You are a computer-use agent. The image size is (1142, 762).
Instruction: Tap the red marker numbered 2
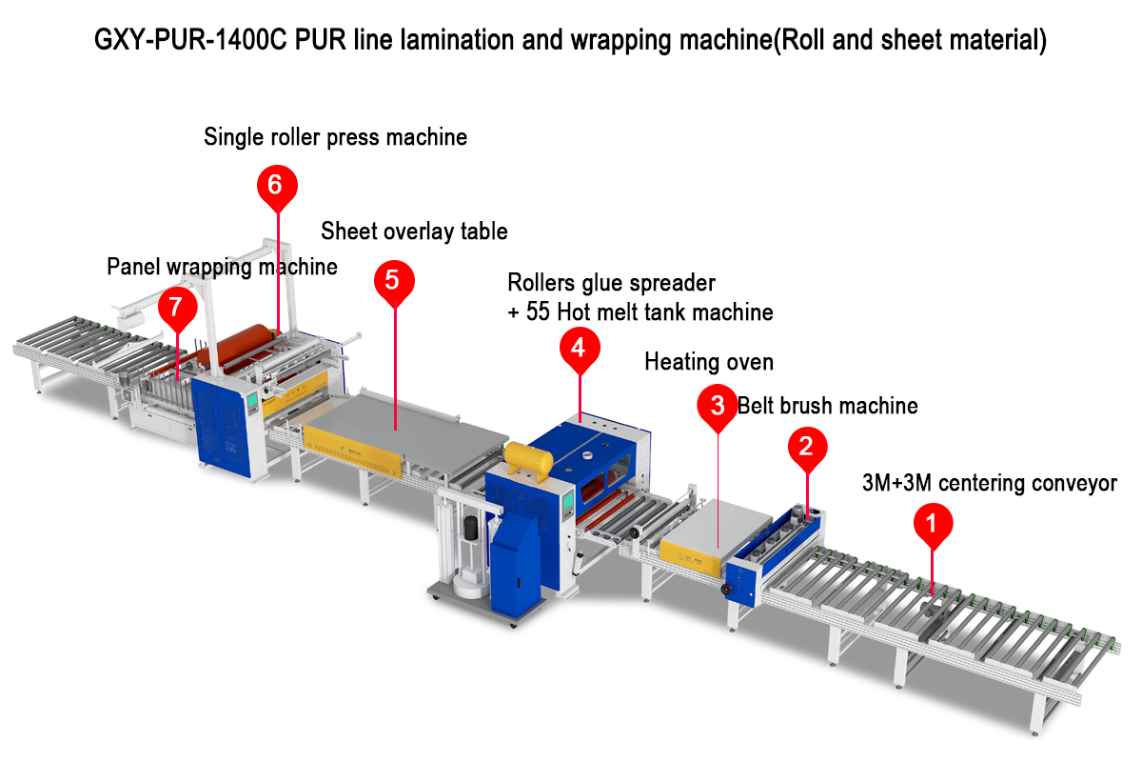[806, 445]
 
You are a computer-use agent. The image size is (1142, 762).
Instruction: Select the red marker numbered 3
[718, 403]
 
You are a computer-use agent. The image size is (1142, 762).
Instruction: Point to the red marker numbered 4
[579, 348]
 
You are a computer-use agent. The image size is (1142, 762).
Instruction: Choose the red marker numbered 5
[394, 279]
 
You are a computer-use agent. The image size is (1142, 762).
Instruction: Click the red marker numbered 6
[275, 184]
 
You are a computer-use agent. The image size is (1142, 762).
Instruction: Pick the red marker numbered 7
[177, 307]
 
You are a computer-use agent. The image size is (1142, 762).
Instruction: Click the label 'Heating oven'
[709, 362]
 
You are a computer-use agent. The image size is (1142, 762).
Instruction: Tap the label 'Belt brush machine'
[827, 406]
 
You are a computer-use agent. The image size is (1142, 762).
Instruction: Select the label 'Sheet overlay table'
[414, 231]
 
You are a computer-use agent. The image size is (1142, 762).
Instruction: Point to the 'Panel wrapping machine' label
[222, 267]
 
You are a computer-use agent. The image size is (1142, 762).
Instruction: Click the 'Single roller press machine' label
[335, 137]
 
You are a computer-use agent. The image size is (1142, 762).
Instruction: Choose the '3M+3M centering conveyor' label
[989, 484]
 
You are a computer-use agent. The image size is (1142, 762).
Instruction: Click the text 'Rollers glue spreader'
[611, 283]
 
